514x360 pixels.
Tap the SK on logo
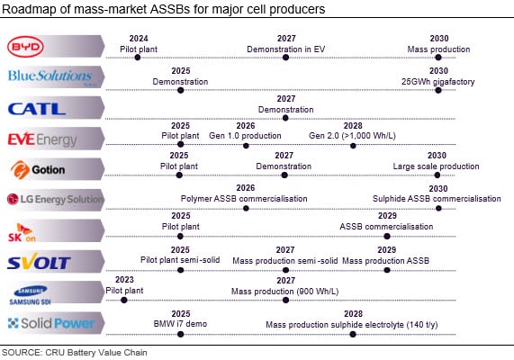pos(24,231)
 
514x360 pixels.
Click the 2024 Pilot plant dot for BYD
pos(137,57)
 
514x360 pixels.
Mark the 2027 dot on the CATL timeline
pos(285,118)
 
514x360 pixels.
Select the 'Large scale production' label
pos(437,166)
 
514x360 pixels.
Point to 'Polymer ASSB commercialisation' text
pos(244,198)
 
